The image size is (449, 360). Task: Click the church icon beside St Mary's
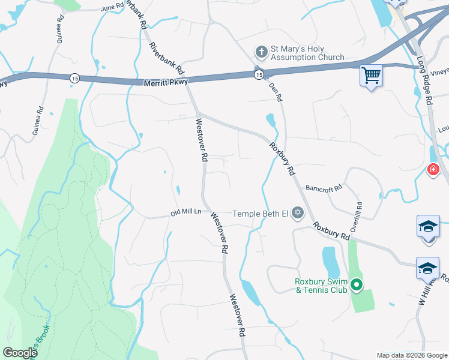click(x=261, y=53)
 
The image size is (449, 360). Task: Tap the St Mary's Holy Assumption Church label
click(x=307, y=53)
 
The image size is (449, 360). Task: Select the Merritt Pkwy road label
click(x=166, y=82)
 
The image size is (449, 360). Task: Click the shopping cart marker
click(x=372, y=76)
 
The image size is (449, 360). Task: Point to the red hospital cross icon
click(x=432, y=170)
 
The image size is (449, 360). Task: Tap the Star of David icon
click(x=297, y=212)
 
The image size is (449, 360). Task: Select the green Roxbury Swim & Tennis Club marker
click(x=357, y=285)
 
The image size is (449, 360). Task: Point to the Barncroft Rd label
click(x=323, y=187)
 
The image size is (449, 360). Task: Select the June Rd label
click(x=112, y=8)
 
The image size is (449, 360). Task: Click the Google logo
click(x=20, y=353)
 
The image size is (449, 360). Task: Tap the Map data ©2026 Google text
click(x=411, y=355)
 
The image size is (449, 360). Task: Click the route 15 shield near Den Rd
click(x=258, y=74)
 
